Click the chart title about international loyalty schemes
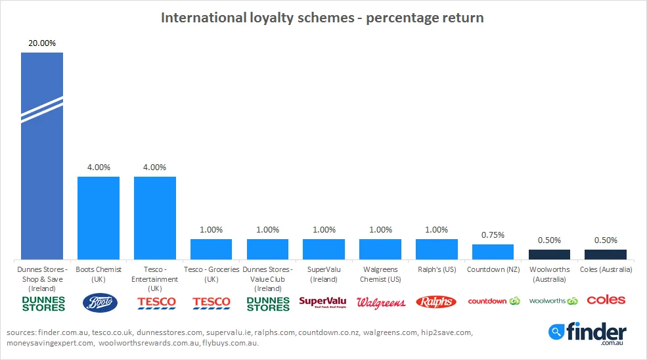coord(323,18)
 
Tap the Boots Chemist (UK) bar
coord(99,217)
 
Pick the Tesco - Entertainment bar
coord(155,217)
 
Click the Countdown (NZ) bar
coord(493,252)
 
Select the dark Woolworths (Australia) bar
coord(549,254)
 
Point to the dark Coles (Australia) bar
coord(606,254)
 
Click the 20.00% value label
coord(42,43)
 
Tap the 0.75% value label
coord(493,235)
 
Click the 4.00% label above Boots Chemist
coord(99,167)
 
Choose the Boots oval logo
coord(99,302)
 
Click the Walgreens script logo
coord(380,303)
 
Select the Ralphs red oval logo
coord(436,302)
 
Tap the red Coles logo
coord(606,300)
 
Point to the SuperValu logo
coord(324,302)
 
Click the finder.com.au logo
coord(588,333)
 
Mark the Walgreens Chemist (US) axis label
coord(380,274)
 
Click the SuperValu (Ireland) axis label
coord(324,274)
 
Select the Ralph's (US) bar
coord(436,249)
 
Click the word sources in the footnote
coord(22,333)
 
